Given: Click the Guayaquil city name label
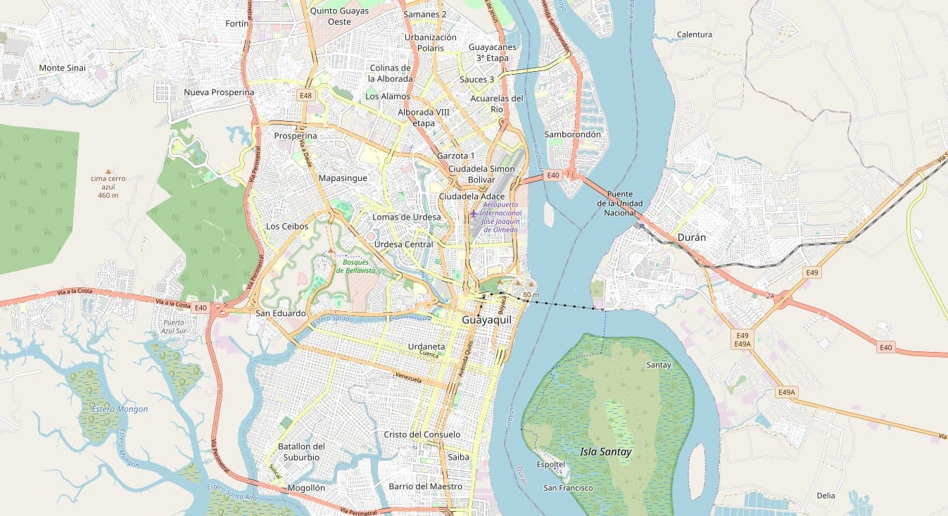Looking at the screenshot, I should pos(488,320).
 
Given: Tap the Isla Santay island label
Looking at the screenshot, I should pos(605,452).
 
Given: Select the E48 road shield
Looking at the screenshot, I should pos(305,95).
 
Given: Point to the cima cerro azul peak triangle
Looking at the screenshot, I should pos(108,171).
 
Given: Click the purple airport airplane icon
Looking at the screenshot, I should pos(474,213).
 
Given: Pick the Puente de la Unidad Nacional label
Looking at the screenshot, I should pos(619,203).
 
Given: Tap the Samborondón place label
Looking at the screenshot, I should pos(572,134).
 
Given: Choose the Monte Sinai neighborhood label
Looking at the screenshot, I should pos(62,68).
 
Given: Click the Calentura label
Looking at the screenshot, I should pos(694,34).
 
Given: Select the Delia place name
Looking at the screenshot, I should pos(826,496).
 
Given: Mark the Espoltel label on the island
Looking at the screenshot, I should pos(550,465).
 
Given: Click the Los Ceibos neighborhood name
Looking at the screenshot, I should pos(286,226).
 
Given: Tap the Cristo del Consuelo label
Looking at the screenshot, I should pos(422,434).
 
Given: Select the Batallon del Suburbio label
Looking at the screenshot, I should pos(301,451).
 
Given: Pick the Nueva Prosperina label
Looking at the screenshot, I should pos(219,92).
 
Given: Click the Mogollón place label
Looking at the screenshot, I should pos(306,488).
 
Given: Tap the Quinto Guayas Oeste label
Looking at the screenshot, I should pos(339,16).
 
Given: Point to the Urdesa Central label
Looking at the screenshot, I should pos(403,244).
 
